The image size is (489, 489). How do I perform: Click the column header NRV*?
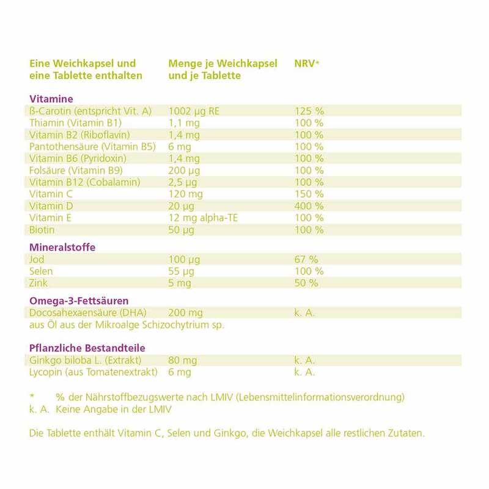(x=307, y=64)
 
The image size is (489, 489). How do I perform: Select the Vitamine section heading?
(x=51, y=99)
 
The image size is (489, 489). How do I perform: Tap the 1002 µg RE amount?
(x=194, y=111)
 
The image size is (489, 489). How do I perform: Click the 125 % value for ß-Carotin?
(x=309, y=111)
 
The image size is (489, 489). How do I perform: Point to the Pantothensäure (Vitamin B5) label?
(x=92, y=147)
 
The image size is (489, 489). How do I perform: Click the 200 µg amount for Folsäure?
(x=184, y=170)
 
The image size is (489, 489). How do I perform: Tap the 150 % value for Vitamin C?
(x=309, y=194)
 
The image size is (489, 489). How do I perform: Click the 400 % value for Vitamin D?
(x=309, y=206)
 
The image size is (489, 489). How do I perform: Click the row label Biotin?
(x=42, y=230)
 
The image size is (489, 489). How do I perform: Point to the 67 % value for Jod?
(x=306, y=259)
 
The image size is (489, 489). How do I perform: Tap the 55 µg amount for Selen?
(x=182, y=271)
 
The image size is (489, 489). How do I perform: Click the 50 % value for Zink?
(x=306, y=283)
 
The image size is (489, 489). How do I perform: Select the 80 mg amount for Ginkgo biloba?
(x=182, y=360)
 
